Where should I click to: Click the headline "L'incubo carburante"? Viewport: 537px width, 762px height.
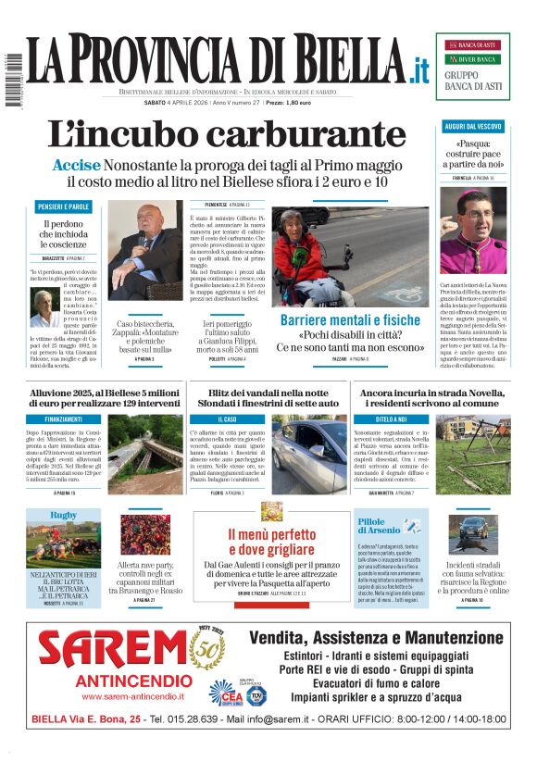click(226, 135)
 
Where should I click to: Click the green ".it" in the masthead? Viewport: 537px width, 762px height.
click(420, 69)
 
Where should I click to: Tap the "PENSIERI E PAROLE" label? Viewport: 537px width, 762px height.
click(64, 206)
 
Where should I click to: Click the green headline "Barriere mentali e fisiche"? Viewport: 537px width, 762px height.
click(350, 320)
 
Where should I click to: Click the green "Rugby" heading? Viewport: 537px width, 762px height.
click(63, 514)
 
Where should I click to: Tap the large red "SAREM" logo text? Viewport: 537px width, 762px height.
click(113, 651)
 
